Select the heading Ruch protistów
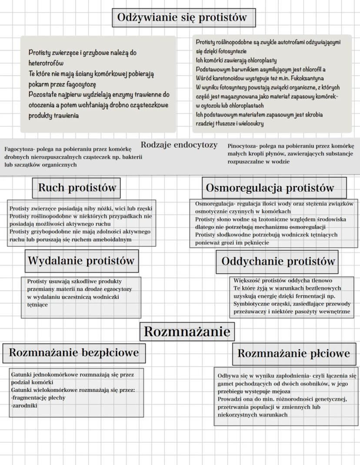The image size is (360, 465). click(77, 188)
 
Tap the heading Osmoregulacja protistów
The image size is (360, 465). click(270, 188)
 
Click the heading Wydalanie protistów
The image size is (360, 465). click(81, 261)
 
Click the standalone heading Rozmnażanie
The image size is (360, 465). click(187, 332)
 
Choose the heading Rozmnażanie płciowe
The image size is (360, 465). click(293, 353)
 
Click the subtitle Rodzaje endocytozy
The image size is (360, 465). click(179, 145)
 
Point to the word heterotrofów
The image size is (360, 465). click(46, 63)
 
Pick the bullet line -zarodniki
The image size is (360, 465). click(24, 405)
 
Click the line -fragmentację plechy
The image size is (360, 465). click(38, 398)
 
